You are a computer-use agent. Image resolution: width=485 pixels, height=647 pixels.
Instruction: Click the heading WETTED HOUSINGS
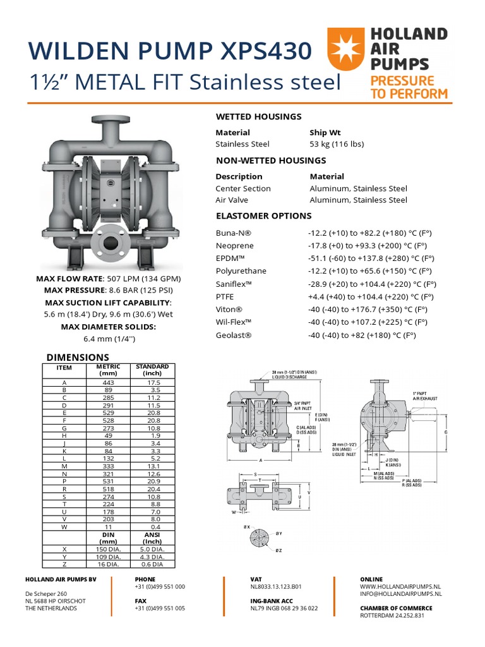(258, 116)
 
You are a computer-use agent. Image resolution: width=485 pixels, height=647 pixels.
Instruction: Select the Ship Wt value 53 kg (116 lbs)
(337, 144)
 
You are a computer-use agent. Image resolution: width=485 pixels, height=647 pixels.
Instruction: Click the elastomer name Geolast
(234, 336)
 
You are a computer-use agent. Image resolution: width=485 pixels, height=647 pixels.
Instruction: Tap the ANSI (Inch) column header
(152, 538)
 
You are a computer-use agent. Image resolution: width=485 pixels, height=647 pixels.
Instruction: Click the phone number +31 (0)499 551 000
(160, 586)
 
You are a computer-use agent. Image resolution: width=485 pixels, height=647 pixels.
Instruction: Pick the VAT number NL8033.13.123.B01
(276, 586)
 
